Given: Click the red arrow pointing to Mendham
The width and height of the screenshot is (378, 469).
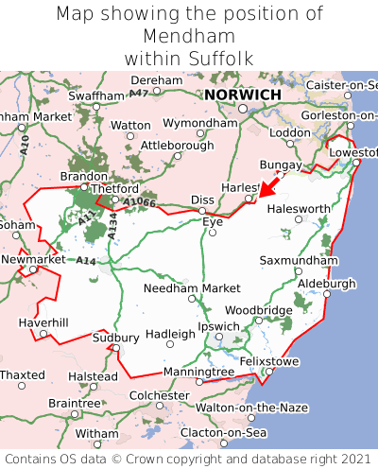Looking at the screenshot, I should point(272,185).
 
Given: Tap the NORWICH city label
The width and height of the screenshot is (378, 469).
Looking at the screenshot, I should point(242,96).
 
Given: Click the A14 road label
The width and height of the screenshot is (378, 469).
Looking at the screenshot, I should point(86,260).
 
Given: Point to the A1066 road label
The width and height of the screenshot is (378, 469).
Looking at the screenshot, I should point(139,201).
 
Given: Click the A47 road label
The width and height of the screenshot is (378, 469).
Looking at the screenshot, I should point(139,93).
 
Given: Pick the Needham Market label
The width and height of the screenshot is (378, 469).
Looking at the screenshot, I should point(192,288).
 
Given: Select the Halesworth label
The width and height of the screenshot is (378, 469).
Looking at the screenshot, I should point(299,209).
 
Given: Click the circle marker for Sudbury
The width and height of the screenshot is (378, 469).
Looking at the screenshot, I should point(116,348).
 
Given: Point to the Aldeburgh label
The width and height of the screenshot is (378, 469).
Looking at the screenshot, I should point(326,283).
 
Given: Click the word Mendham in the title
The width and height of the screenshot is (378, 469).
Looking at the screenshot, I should point(188,36).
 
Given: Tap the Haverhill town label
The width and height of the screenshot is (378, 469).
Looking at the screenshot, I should point(43,322).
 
